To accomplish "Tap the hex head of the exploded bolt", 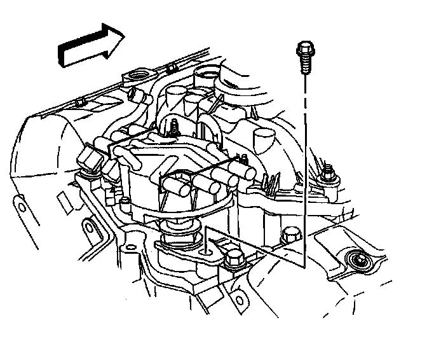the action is (303, 47).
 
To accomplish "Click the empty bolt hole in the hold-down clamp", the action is (206, 251).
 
